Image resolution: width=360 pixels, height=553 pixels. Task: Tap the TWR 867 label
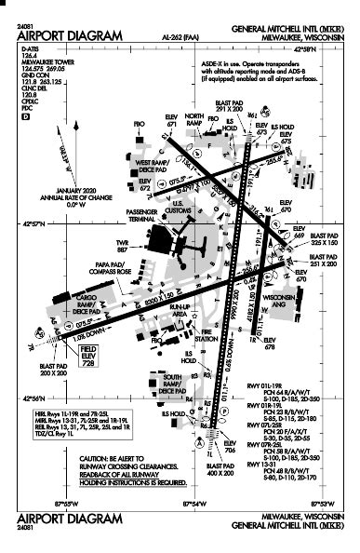[123, 248]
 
